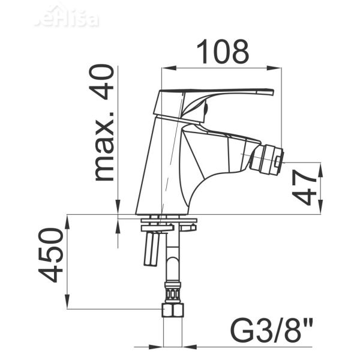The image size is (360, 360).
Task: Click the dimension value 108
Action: click(223, 52)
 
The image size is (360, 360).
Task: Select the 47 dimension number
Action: click(307, 187)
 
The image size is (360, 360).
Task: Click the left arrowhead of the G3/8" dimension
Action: click(160, 346)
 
